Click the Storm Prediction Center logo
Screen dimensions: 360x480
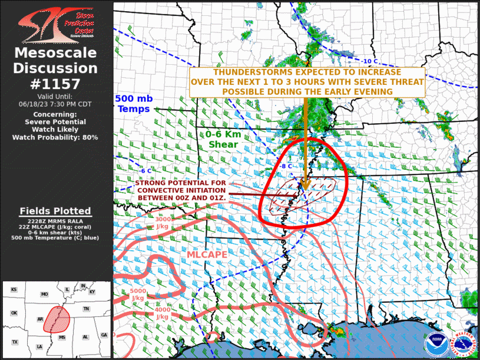click(x=56, y=22)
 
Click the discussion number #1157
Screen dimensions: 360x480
click(x=56, y=83)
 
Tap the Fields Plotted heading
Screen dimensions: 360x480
click(x=55, y=211)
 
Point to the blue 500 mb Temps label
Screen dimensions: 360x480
click(x=134, y=104)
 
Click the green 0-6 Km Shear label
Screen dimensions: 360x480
click(x=223, y=139)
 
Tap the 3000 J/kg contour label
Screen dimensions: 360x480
click(x=163, y=222)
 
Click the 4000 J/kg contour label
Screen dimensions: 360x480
click(x=162, y=313)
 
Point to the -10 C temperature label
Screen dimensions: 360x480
click(x=369, y=61)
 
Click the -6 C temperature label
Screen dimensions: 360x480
click(x=145, y=171)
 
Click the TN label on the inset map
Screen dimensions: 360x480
click(x=86, y=309)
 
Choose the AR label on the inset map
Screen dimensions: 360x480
click(x=39, y=319)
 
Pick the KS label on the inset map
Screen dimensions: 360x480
click(x=14, y=289)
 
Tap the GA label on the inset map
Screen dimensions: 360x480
click(x=104, y=335)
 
